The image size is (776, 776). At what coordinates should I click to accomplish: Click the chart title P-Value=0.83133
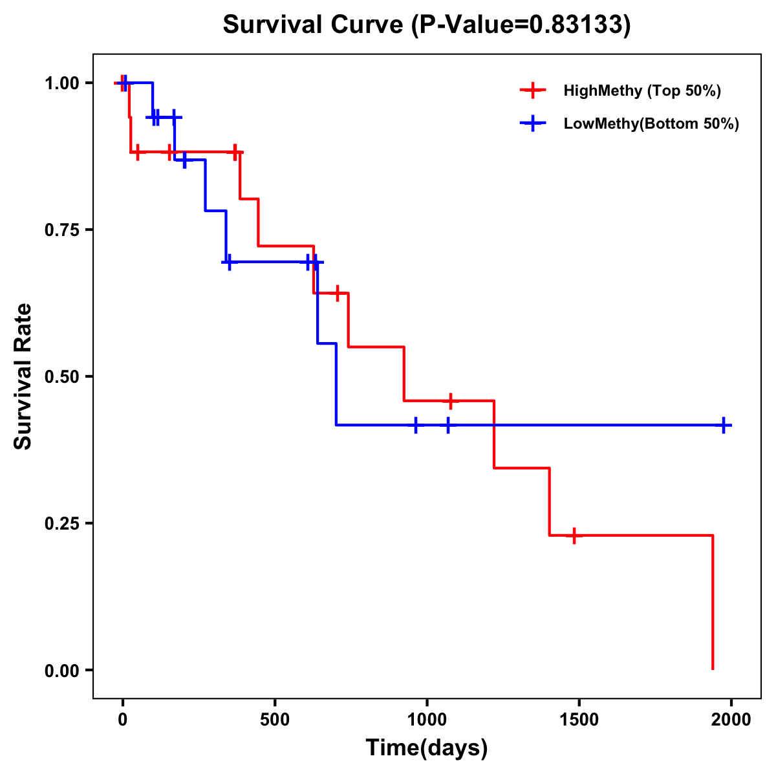426,25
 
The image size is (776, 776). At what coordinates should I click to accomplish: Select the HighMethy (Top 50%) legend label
641,91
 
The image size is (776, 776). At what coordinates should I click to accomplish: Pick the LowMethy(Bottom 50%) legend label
651,124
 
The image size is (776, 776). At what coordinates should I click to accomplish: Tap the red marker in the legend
532,91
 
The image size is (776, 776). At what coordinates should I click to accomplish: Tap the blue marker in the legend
532,124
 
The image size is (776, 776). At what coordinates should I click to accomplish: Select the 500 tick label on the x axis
275,719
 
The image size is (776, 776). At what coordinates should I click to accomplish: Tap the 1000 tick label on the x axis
427,719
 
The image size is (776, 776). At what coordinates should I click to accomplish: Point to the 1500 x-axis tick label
579,719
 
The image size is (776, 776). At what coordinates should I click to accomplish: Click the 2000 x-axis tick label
731,719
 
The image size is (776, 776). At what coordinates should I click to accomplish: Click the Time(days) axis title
427,748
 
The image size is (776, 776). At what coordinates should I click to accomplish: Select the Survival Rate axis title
23,376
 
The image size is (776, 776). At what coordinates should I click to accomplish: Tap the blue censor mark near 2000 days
724,425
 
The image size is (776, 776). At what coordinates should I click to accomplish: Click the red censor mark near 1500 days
573,535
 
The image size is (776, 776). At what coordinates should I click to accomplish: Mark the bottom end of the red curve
713,669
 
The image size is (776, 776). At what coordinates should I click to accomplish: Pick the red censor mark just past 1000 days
451,401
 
